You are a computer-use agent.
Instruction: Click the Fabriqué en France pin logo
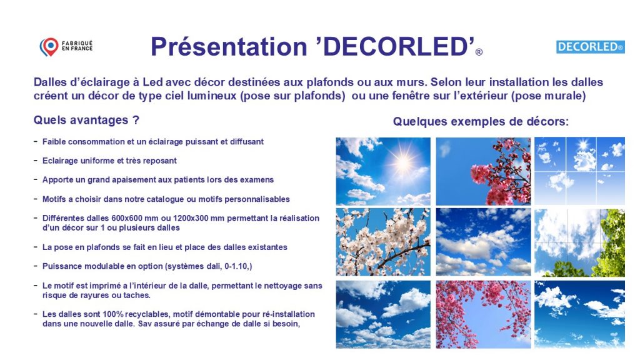tap(49, 46)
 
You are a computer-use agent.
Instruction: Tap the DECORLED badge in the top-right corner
tap(590, 47)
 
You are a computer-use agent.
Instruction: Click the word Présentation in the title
tap(229, 46)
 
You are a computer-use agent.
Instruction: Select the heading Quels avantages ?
tap(86, 120)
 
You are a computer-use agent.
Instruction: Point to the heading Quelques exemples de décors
tap(481, 121)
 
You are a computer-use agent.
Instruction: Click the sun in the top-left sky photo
tap(403, 162)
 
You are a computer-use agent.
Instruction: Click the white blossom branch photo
tap(383, 242)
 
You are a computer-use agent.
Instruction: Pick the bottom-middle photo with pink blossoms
tap(483, 314)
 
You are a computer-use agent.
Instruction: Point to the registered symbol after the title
tap(479, 52)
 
